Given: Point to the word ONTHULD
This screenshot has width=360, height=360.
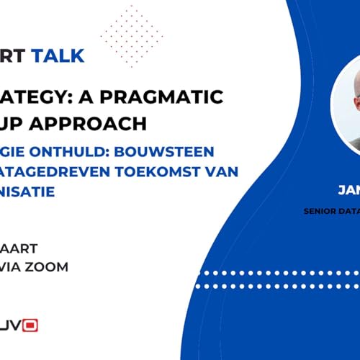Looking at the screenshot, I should click(x=82, y=153).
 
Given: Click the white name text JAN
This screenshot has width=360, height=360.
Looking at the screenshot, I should click(x=348, y=192).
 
